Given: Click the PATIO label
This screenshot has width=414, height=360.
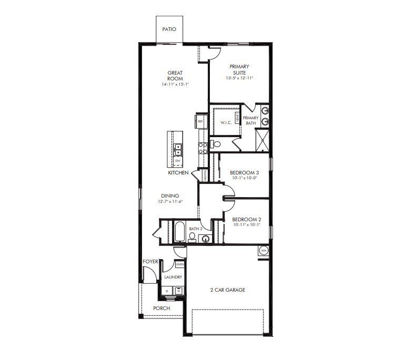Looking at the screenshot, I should pyautogui.click(x=169, y=30).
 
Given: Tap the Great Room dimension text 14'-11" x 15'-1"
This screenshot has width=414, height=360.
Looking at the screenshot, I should pyautogui.click(x=175, y=84).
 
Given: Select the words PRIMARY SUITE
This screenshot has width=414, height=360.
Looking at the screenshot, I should pyautogui.click(x=239, y=69).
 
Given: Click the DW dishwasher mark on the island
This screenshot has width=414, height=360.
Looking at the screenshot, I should pyautogui.click(x=185, y=160).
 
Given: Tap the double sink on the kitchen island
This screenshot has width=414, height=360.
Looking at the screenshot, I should pyautogui.click(x=179, y=149).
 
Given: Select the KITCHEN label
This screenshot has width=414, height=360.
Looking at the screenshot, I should pyautogui.click(x=178, y=172).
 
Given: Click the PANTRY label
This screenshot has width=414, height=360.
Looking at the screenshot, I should pyautogui.click(x=205, y=176).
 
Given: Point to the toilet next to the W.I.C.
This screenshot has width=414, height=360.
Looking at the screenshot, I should pyautogui.click(x=216, y=143).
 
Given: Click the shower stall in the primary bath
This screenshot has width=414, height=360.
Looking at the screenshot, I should pyautogui.click(x=262, y=138).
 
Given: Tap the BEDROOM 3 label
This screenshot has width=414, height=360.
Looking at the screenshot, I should pyautogui.click(x=245, y=172).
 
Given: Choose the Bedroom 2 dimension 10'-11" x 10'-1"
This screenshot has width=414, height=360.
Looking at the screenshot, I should pyautogui.click(x=247, y=224).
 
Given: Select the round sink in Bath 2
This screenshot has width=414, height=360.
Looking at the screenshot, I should pyautogui.click(x=205, y=239).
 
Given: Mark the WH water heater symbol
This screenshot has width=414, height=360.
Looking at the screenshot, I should pyautogui.click(x=263, y=251).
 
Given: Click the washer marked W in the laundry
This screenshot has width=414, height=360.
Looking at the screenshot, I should pyautogui.click(x=178, y=290).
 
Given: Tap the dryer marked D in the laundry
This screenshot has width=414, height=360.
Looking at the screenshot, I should pyautogui.click(x=167, y=290).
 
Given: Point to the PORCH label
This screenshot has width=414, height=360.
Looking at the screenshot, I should pyautogui.click(x=162, y=308).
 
